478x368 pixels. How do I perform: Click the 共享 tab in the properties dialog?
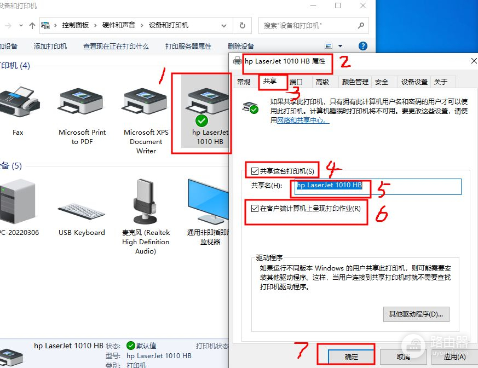pos(270,81)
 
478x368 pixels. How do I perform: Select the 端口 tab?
pos(296,82)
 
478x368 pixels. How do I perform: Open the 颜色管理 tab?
pos(355,82)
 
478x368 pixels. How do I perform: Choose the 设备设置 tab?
pos(414,82)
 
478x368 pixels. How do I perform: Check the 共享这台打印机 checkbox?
pos(255,171)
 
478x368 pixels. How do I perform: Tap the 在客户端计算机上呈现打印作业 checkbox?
pos(255,208)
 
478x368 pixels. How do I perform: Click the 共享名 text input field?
pos(378,186)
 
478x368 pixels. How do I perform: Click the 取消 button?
pos(403,357)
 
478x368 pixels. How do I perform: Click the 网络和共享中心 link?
pos(303,120)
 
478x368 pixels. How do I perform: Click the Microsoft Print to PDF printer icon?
pos(82,101)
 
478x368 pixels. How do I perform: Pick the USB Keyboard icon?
pos(81,211)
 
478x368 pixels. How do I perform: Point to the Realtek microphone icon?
pos(146,201)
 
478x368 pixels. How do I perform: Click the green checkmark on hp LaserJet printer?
pos(201,120)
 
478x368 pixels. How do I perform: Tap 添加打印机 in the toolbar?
pos(50,47)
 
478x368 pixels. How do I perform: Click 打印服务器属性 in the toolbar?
pos(188,47)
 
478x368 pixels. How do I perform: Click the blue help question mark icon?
pos(363,46)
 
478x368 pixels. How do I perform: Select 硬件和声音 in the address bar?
pos(119,25)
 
